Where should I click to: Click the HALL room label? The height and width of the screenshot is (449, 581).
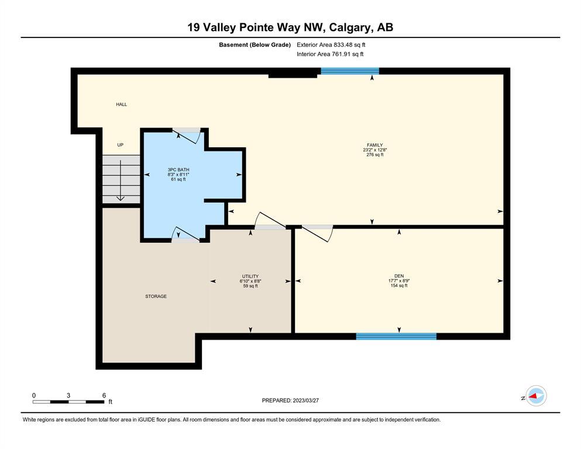(x=121, y=105)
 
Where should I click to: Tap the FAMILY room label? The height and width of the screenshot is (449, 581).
(x=374, y=145)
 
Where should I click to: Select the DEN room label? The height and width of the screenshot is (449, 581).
(x=398, y=276)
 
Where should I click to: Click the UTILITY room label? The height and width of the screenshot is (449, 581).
(x=250, y=276)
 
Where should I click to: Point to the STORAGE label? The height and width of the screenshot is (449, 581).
(x=156, y=296)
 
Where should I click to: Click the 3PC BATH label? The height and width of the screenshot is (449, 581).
(x=178, y=170)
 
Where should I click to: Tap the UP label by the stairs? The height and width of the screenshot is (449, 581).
(x=120, y=145)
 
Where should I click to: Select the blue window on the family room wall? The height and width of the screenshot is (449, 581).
(x=350, y=71)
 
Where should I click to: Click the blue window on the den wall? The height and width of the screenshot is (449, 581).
(x=396, y=337)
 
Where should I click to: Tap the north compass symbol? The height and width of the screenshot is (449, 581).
(x=535, y=396)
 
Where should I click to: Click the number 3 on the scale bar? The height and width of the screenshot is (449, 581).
(x=68, y=395)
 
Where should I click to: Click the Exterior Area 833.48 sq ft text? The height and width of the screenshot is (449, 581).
(x=331, y=45)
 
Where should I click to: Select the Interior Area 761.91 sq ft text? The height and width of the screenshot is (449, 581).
(x=330, y=54)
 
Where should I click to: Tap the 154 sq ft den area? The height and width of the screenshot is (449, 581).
(x=398, y=285)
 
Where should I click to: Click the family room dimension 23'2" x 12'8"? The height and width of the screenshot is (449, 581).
(x=374, y=150)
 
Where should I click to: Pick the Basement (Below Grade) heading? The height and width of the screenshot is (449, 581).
(x=255, y=45)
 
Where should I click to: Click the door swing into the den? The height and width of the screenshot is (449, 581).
(x=318, y=234)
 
